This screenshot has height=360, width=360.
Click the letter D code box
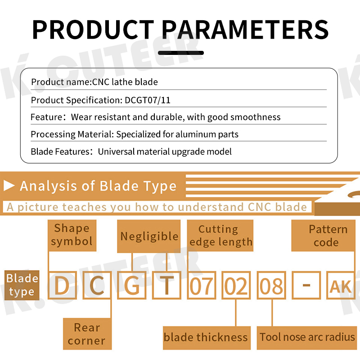click(62, 285)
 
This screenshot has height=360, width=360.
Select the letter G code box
click(132, 285)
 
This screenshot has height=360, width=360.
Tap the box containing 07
click(202, 285)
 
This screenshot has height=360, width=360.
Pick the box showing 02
click(236, 285)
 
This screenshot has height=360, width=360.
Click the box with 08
click(271, 285)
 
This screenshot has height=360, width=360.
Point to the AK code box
click(341, 285)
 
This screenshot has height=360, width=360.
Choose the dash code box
click(306, 285)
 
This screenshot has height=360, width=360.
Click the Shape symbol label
click(72, 235)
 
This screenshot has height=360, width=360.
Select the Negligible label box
click(149, 236)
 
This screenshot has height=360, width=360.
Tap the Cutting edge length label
click(220, 235)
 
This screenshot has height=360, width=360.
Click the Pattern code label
click(323, 235)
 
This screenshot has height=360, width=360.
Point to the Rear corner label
click(87, 334)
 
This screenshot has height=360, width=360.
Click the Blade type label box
click(22, 285)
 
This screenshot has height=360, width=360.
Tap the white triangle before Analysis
click(9, 186)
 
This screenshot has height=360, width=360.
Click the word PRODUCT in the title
click(93, 30)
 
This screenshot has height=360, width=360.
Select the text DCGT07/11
click(148, 100)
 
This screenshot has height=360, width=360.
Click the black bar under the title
click(181, 53)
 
